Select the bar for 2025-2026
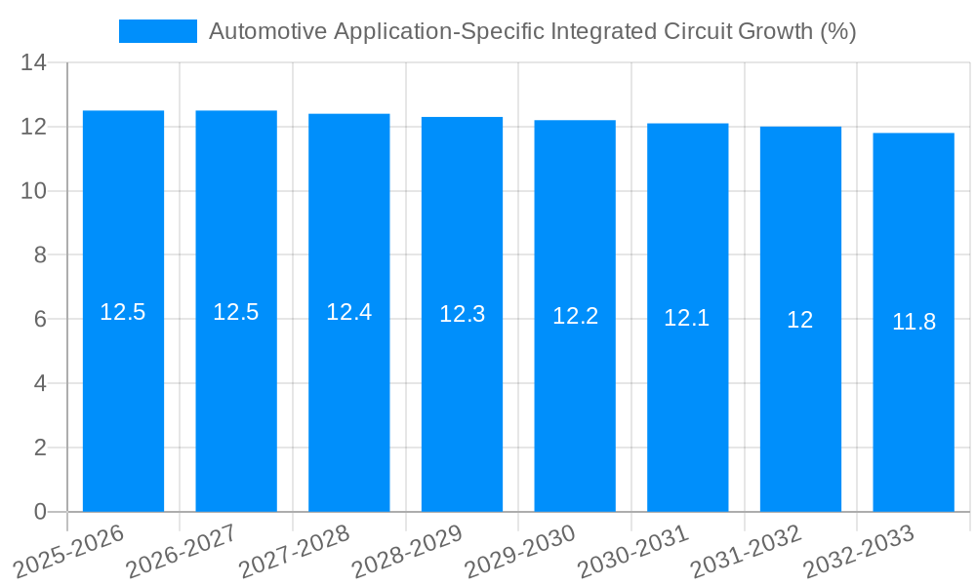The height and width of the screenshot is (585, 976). pyautogui.click(x=123, y=312)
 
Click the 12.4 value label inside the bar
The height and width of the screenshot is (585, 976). pyautogui.click(x=348, y=312)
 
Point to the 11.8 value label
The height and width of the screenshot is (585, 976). pyautogui.click(x=914, y=322)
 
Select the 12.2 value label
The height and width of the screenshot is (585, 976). pyautogui.click(x=575, y=316)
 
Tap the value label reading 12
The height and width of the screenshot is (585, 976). pyautogui.click(x=800, y=320)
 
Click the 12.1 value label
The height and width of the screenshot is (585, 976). pyautogui.click(x=687, y=318)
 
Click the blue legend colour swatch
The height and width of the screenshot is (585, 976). pyautogui.click(x=157, y=31)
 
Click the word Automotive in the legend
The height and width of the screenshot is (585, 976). pyautogui.click(x=267, y=31)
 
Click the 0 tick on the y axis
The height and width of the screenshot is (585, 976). pyautogui.click(x=40, y=512)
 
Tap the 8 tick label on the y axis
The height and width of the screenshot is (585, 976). pyautogui.click(x=40, y=255)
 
